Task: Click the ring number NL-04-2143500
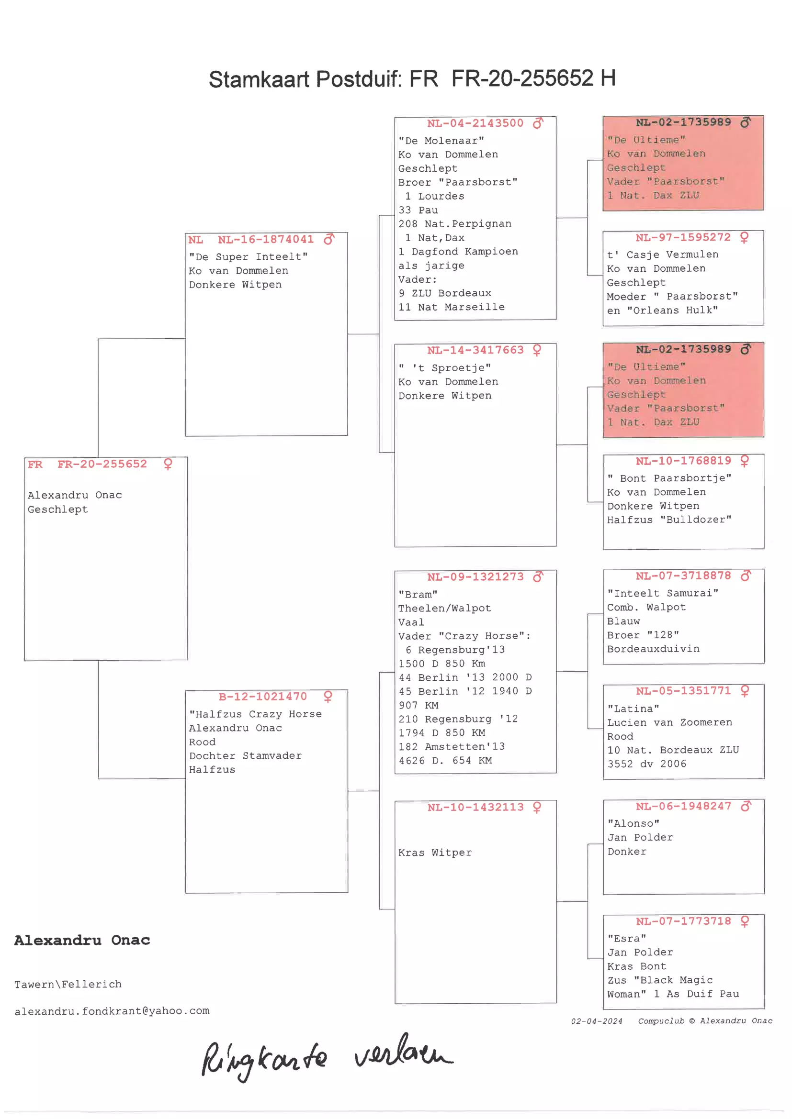(x=475, y=123)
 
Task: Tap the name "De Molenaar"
(x=441, y=141)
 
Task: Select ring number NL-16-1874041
(x=266, y=240)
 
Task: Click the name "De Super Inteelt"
(x=248, y=257)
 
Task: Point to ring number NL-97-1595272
(x=683, y=238)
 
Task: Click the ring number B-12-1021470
(x=263, y=697)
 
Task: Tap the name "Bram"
(x=418, y=595)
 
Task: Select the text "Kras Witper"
(x=435, y=853)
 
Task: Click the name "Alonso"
(x=634, y=824)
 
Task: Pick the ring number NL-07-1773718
(x=683, y=921)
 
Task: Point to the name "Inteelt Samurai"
(x=663, y=593)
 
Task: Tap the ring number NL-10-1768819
(x=683, y=461)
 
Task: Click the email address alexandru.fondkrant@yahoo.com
(x=112, y=1011)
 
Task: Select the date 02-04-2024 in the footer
(x=597, y=1021)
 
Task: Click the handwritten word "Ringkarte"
(x=264, y=1059)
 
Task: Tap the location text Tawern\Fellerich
(x=68, y=985)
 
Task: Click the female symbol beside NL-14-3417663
(x=537, y=350)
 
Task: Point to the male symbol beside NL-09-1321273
(x=538, y=577)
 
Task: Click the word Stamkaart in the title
(x=259, y=79)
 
